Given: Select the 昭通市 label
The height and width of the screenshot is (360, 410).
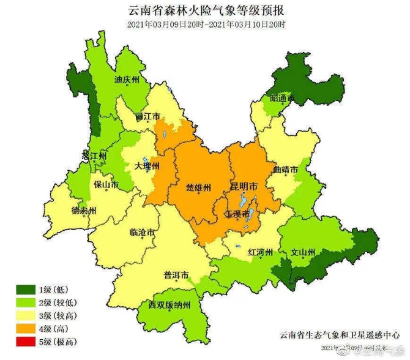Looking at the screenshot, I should click(x=282, y=98).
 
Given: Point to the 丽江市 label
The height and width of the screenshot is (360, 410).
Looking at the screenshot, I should click(x=148, y=116).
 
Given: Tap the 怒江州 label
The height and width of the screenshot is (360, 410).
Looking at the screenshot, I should click(x=94, y=156).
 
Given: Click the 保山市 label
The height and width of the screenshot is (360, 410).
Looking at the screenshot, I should click(x=105, y=184).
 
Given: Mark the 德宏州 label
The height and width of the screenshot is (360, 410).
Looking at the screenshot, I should click(x=84, y=211).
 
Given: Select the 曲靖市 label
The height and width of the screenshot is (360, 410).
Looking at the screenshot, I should click(x=286, y=169).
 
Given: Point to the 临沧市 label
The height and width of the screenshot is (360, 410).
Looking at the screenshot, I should click(x=142, y=232).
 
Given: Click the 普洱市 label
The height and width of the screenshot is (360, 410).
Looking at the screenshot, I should click(x=176, y=274).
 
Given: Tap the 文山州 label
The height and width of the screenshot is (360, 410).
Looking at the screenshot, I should click(x=302, y=252).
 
